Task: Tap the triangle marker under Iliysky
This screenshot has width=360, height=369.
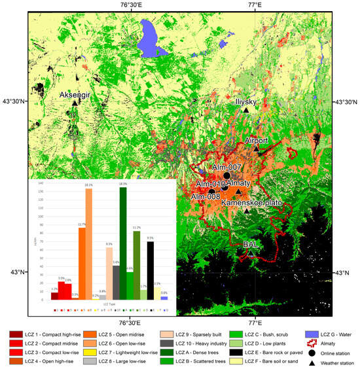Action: pyautogui.click(x=246, y=111)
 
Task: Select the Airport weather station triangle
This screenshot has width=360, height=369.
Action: pyautogui.click(x=257, y=150)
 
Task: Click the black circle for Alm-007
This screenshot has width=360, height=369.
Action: pyautogui.click(x=226, y=176)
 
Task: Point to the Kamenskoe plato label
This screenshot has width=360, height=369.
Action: pyautogui.click(x=251, y=203)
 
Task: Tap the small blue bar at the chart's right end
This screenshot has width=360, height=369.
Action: pyautogui.click(x=164, y=298)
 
